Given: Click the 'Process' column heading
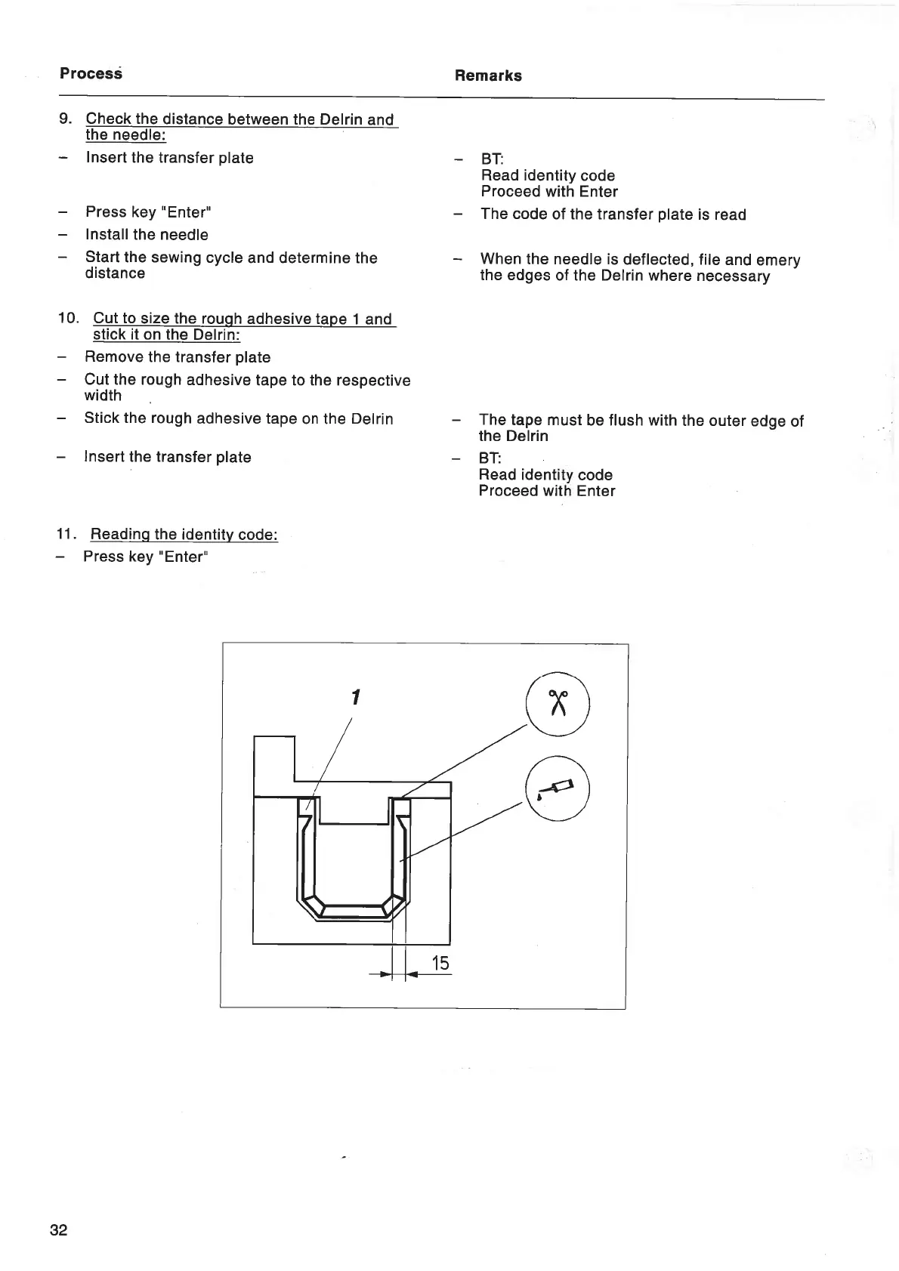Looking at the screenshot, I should [91, 73].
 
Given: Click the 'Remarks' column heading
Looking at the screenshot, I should [488, 76].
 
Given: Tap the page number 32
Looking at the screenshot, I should [58, 1230].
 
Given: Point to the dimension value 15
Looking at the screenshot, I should [440, 964].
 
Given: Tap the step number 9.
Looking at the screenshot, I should [65, 119].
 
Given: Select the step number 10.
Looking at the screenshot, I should [67, 318].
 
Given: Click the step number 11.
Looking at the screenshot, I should [66, 534].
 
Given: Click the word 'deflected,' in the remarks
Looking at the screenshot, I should [658, 260].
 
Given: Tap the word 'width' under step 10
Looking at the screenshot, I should [103, 396].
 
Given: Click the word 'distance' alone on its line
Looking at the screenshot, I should [115, 273].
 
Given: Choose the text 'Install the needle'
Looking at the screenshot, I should [147, 235].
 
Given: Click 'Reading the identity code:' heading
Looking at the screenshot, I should [184, 535].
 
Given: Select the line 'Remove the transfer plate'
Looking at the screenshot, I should [178, 357].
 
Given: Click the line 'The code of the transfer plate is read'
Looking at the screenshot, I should [613, 214].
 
